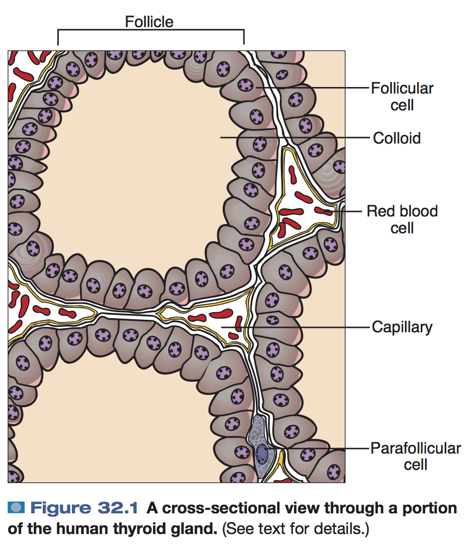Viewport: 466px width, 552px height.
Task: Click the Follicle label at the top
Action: [x=149, y=22]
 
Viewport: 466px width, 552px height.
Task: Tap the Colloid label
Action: [x=396, y=138]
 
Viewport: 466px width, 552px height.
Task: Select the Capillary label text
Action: [x=402, y=327]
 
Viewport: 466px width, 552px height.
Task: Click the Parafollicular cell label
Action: [x=415, y=456]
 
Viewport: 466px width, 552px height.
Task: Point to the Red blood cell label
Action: [x=402, y=219]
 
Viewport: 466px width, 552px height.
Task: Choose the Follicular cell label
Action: [x=402, y=96]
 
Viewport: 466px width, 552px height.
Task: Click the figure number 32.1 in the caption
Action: [x=119, y=508]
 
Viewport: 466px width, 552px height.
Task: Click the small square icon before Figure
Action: [x=16, y=508]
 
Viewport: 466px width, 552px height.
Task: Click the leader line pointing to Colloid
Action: [x=294, y=138]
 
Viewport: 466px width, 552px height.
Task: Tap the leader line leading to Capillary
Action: [x=305, y=327]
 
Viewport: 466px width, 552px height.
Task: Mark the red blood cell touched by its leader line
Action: [x=324, y=210]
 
